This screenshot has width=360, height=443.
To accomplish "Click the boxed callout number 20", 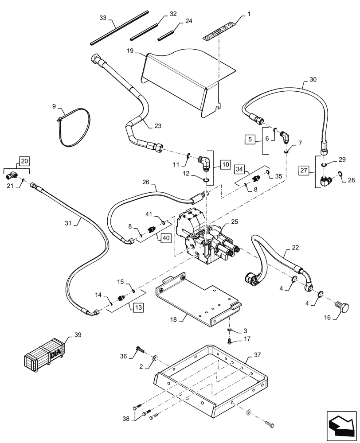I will click(x=24, y=161).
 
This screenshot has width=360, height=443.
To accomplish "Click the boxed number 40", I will click(x=165, y=237).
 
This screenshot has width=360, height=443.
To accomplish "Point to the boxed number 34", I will click(x=240, y=169).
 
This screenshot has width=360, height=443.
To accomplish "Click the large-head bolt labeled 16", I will click(x=343, y=307).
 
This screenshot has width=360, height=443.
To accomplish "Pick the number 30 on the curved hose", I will click(x=313, y=79).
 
